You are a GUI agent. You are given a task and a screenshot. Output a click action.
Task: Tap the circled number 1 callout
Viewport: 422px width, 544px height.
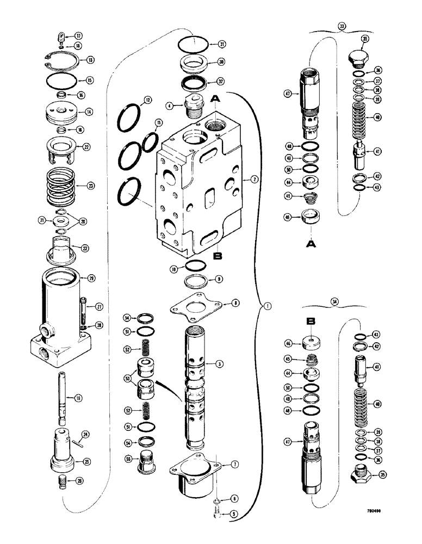(266, 306)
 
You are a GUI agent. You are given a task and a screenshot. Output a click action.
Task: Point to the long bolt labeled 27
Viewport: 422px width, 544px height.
(85, 313)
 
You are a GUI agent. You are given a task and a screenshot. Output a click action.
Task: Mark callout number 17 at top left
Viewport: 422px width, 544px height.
(78, 36)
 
